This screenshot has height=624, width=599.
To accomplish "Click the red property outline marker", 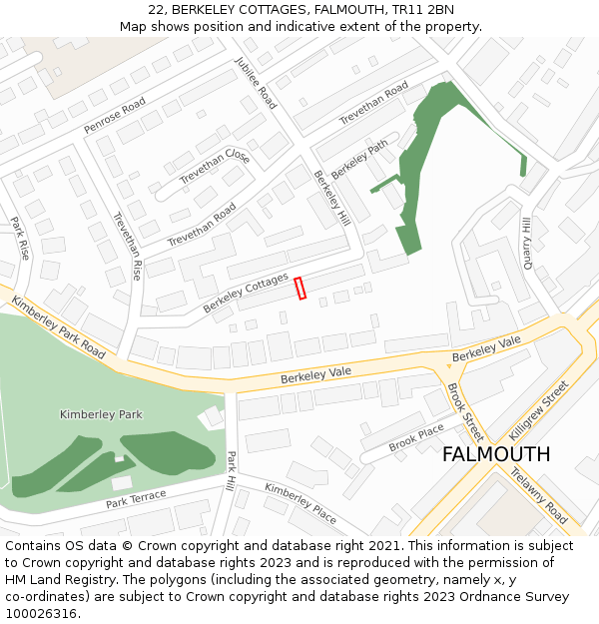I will point(299,288).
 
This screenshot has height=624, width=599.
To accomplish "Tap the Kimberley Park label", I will point(101,414).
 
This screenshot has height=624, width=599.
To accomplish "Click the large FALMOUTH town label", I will point(495,454).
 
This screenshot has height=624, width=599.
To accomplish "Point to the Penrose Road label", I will point(115,116).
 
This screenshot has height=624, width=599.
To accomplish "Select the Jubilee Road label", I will point(257,82).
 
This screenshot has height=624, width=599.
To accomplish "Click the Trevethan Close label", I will point(215,167).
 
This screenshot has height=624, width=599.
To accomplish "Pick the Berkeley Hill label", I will point(331,198).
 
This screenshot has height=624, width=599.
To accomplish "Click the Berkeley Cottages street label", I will point(246,293).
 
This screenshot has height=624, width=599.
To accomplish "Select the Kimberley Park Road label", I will point(58,327).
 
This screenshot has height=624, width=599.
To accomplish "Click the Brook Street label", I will point(465,412).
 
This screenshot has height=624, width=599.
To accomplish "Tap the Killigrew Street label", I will point(539,410).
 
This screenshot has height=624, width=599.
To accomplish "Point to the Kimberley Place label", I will point(300,502).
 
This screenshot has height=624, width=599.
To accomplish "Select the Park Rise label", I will point(20,239).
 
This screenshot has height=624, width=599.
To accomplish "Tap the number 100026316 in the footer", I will point(41,613).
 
